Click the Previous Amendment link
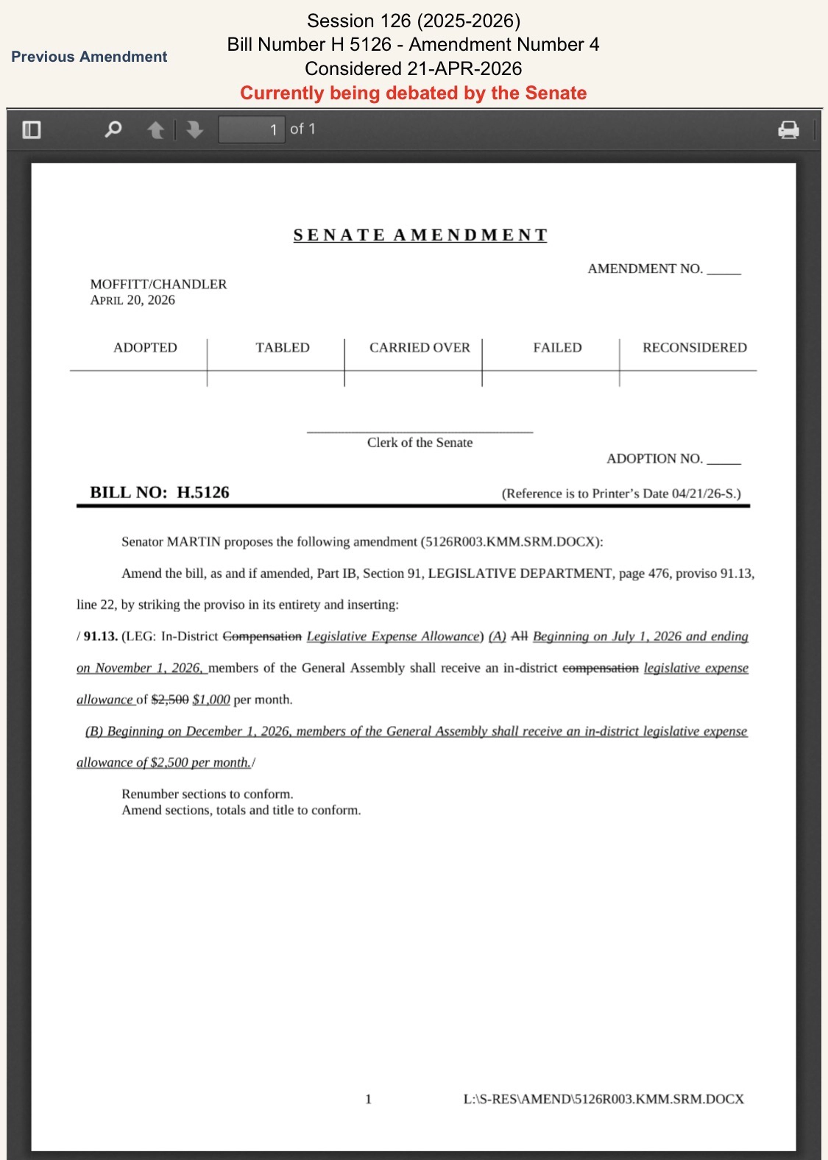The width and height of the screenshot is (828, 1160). [x=89, y=57]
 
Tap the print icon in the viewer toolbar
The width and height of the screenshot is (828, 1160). [x=788, y=130]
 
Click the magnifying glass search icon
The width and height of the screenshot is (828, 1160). [x=113, y=129]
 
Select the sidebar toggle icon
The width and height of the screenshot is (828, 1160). [x=32, y=130]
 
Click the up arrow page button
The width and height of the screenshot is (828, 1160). [x=155, y=130]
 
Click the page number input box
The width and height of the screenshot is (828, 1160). [x=252, y=129]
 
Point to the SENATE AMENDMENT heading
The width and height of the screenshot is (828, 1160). [x=420, y=235]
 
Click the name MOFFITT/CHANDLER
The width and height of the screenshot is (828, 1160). [x=158, y=284]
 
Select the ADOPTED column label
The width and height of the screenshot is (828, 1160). [x=145, y=347]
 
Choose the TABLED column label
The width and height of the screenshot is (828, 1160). [x=283, y=347]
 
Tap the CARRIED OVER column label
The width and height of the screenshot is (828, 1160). [x=420, y=347]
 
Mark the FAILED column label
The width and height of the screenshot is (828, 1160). [x=557, y=347]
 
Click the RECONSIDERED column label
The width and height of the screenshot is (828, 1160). [x=694, y=347]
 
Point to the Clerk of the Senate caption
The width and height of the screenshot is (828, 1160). [x=420, y=443]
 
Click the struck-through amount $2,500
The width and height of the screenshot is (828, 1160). [x=170, y=700]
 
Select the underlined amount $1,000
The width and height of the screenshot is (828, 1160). [x=211, y=700]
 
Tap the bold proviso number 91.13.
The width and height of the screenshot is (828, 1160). [x=101, y=636]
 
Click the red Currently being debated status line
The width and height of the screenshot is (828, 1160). [x=413, y=93]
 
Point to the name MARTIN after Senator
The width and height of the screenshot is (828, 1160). [x=194, y=542]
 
